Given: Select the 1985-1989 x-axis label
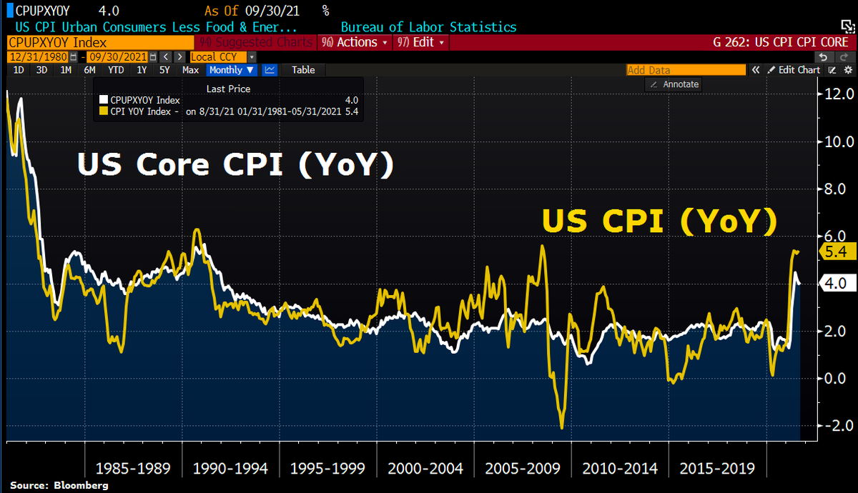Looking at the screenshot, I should (x=133, y=469).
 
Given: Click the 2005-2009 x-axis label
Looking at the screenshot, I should (x=523, y=469).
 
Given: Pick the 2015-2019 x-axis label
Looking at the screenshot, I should (x=717, y=469).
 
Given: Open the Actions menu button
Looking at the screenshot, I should (x=355, y=42).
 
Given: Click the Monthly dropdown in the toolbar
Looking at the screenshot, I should (x=231, y=70).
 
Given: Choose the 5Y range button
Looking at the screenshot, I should (x=164, y=70).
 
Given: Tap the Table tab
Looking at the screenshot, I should (x=302, y=70).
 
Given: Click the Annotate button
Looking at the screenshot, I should (x=674, y=84).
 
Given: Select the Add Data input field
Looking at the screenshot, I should (x=684, y=70).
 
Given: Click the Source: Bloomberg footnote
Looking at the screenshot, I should (x=59, y=486).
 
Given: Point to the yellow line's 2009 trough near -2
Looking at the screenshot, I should (x=562, y=427).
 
